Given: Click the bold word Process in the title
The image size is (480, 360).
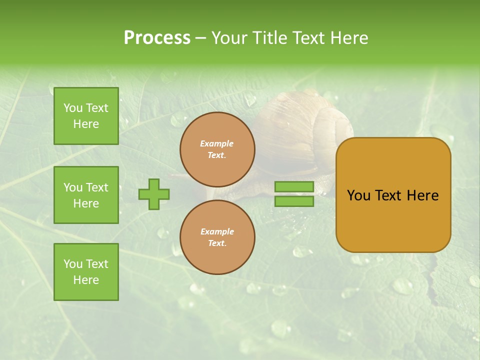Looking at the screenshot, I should [x=157, y=38].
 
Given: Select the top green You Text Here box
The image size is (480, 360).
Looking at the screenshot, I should [x=86, y=116].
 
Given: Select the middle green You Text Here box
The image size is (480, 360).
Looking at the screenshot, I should [x=86, y=195].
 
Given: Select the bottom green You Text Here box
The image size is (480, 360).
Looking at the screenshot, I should [x=86, y=271].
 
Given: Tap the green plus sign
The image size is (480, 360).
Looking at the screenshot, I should [x=154, y=194].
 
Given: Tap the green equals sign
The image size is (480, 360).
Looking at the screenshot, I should [x=294, y=194].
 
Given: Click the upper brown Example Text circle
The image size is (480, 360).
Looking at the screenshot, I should [x=217, y=149].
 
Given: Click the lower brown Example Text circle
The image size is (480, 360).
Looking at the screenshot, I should [x=217, y=237].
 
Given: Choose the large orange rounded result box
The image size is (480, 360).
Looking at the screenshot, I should [x=393, y=195].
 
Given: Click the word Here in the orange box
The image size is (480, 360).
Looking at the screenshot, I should [x=422, y=195].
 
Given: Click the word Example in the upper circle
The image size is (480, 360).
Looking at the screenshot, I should [x=217, y=144].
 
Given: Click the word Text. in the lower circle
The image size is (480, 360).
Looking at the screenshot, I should [x=217, y=243].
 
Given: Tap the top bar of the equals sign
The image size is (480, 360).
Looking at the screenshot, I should [x=294, y=187].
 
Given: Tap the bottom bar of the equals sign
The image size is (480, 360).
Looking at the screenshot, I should [x=294, y=201].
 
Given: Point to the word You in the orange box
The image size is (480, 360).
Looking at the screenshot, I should [x=358, y=195].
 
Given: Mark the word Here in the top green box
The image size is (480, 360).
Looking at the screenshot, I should [x=86, y=124].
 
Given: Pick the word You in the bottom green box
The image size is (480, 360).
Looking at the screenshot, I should [x=72, y=264].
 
